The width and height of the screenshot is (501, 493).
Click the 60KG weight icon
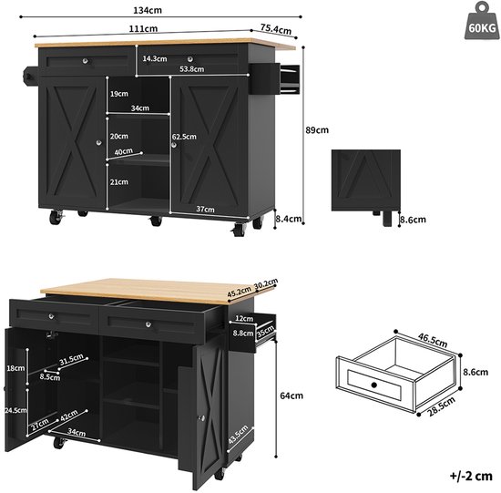point(482,21)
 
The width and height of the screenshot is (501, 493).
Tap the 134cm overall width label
point(148,10)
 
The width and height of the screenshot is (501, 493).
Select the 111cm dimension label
point(143,28)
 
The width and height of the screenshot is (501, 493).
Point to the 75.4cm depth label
point(276,29)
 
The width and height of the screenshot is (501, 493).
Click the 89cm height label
point(317,130)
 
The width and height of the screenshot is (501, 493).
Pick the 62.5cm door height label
point(184,137)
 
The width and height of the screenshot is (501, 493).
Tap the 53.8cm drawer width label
point(191,68)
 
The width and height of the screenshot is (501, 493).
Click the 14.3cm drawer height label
point(155,58)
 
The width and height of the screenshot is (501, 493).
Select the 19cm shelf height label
point(119,94)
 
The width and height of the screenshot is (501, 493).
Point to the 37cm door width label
point(206,209)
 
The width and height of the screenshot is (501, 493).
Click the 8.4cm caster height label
point(289,219)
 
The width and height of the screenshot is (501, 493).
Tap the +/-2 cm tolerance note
point(471,476)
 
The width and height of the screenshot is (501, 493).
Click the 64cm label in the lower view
point(291,395)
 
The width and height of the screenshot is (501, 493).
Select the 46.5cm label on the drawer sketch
point(433,341)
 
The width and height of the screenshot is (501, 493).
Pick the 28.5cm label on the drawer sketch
point(441,406)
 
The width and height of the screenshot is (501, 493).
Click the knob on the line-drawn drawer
point(374,385)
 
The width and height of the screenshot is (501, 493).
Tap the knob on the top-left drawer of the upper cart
point(85,61)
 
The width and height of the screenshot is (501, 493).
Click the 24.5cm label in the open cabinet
point(15,410)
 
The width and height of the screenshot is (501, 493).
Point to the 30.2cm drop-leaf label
point(266,284)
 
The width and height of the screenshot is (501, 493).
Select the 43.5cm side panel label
point(238,435)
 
